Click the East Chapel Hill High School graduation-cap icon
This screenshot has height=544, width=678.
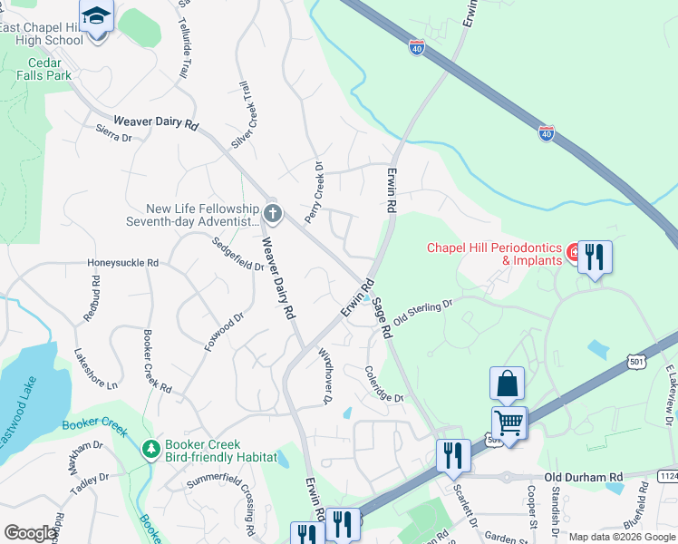coord(95,16)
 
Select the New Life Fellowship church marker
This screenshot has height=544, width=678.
coord(273,214)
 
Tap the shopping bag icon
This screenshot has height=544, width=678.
coord(507,384)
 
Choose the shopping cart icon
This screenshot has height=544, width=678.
coord(508,423)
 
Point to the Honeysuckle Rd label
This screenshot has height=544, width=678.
coord(122,263)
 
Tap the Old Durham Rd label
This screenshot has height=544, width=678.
coord(584,477)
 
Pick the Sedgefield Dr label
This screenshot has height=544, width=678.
coord(237,255)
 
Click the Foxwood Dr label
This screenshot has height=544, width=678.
coord(224,332)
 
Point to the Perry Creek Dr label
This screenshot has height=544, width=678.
coord(314,192)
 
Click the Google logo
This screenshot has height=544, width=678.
coord(30,533)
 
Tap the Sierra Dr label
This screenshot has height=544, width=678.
coord(113,137)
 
